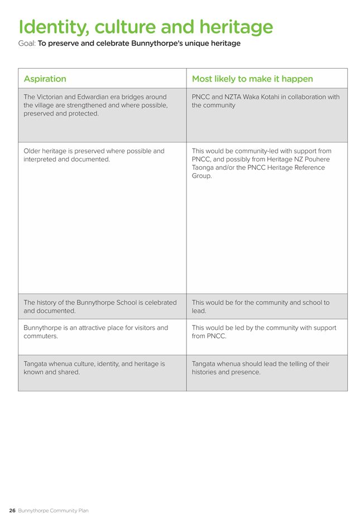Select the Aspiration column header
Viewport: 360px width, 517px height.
click(x=45, y=79)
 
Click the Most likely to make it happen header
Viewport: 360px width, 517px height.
click(x=252, y=79)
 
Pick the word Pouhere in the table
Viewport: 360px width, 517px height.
click(x=316, y=159)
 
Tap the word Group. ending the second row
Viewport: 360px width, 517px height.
click(x=202, y=176)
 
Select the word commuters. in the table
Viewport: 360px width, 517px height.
click(x=41, y=337)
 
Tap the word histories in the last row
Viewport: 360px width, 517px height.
click(x=207, y=372)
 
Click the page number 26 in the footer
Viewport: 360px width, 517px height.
click(x=12, y=510)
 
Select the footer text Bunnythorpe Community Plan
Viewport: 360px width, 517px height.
click(x=53, y=510)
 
